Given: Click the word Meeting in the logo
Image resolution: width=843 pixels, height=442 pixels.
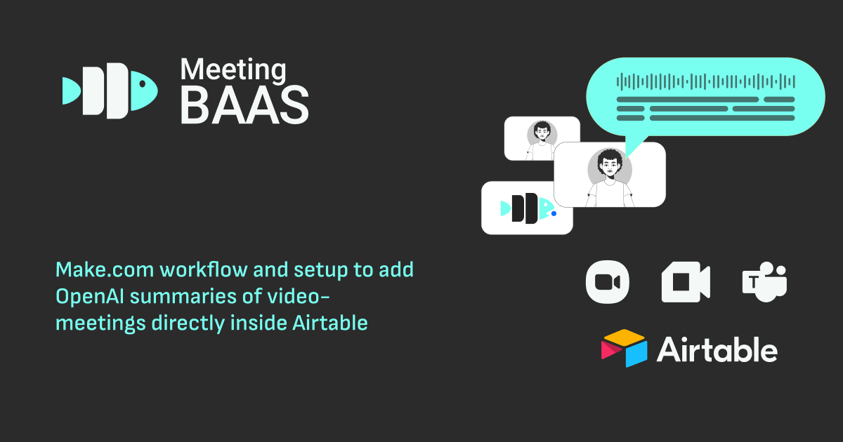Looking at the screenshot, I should pyautogui.click(x=233, y=71).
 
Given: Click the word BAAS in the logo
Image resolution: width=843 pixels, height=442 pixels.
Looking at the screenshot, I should pyautogui.click(x=244, y=105).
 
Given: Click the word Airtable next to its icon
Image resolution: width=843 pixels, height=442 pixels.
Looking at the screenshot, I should pyautogui.click(x=717, y=349).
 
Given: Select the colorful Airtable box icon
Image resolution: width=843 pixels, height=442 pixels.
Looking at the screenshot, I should pyautogui.click(x=624, y=348).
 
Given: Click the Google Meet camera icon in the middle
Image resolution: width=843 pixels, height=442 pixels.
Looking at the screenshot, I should pyautogui.click(x=685, y=282).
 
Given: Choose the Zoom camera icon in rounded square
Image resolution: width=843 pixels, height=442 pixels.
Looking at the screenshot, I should pyautogui.click(x=607, y=282).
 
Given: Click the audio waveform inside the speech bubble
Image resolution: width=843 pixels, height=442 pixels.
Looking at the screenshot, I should pyautogui.click(x=705, y=81).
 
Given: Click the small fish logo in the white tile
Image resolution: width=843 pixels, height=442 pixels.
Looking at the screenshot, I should pyautogui.click(x=525, y=208).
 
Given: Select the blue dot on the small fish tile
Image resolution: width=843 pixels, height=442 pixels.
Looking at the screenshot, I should pyautogui.click(x=554, y=213).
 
